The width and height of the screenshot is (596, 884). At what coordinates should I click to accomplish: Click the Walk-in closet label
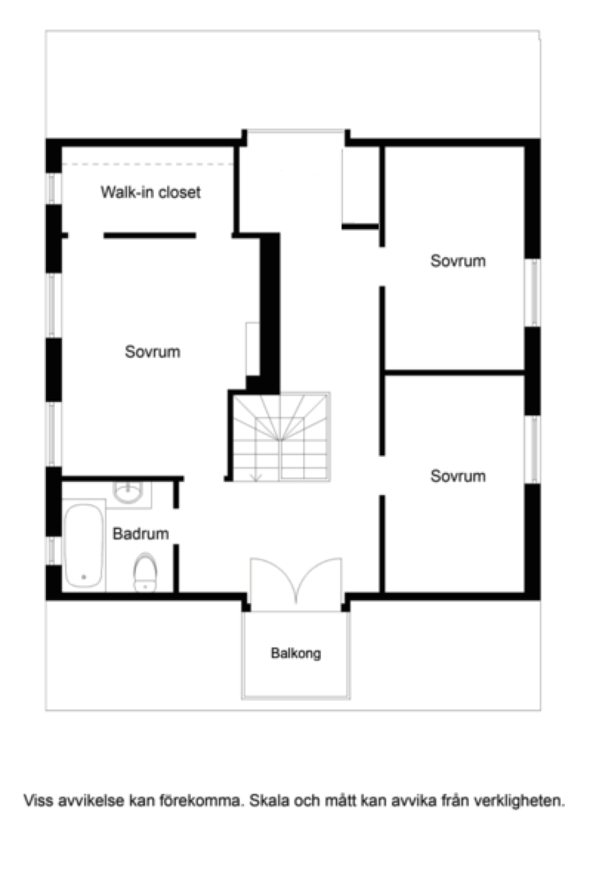point(151,192)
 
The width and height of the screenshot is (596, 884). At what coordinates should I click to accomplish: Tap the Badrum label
point(140,534)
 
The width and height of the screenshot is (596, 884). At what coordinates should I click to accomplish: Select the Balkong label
point(296,653)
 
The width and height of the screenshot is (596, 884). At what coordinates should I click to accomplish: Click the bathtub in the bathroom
point(84,545)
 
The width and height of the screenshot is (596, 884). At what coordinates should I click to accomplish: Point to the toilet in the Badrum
point(145,572)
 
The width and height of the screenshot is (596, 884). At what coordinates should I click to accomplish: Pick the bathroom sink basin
point(129,492)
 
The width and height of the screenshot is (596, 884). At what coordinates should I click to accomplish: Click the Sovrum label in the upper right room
point(458,261)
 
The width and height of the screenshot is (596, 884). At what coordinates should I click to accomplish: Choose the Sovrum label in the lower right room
point(458,476)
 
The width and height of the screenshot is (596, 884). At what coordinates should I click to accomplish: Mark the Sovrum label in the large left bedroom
point(152,352)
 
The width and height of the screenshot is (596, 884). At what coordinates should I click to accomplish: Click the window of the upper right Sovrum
point(533,292)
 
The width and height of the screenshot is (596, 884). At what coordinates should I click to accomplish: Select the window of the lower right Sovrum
point(533,450)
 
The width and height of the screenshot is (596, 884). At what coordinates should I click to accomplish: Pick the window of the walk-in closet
point(52,189)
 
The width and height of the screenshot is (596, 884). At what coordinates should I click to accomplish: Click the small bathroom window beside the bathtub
point(52,551)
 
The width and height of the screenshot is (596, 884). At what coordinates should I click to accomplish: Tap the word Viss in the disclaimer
point(36,800)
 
